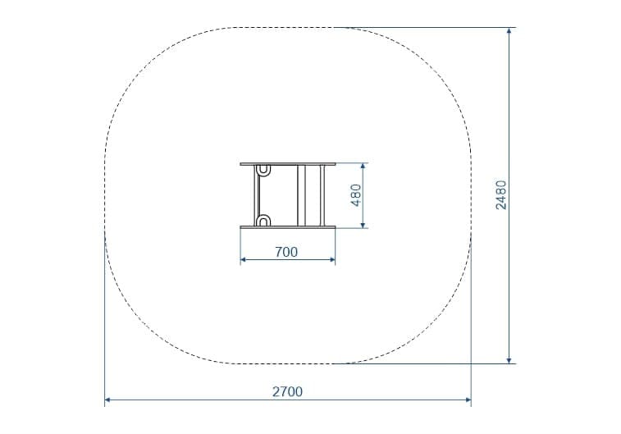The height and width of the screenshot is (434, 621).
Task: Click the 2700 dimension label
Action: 287,391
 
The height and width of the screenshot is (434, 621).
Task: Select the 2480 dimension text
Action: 501,194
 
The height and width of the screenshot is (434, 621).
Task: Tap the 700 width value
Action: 286,252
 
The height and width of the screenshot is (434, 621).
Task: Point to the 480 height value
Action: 356,194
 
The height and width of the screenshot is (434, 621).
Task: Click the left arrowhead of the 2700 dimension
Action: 107,400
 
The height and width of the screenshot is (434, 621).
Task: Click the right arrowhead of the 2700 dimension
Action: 468,400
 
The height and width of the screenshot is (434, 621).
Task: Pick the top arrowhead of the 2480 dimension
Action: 509,31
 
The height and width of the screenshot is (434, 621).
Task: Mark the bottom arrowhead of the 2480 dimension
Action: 509,360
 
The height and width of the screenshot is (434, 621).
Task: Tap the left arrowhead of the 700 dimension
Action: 243,260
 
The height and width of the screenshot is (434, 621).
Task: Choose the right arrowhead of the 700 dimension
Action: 332,260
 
